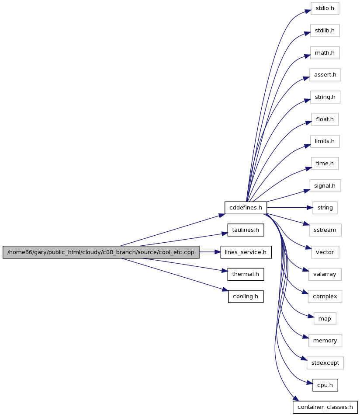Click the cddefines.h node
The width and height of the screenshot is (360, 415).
coord(246,208)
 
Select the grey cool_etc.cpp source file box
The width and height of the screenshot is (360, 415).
coord(101,252)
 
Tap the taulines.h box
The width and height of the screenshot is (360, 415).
coord(246,230)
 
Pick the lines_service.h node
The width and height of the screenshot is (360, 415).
coord(246,252)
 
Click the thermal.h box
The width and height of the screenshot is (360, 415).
coord(246,274)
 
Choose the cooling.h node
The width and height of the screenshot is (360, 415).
coord(246,296)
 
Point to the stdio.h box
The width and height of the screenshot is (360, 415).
coord(325,8)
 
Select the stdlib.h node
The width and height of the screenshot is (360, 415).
coord(325,31)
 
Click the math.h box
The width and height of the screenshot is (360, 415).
coord(325,53)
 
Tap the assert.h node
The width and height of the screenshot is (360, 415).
coord(325,75)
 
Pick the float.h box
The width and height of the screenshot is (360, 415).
coord(325,119)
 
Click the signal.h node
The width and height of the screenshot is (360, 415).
coord(325,186)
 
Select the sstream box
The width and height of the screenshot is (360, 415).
coord(325,230)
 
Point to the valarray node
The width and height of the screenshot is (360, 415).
coord(325,274)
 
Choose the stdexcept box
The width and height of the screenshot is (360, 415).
coord(325,363)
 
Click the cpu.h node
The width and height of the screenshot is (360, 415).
coord(325,385)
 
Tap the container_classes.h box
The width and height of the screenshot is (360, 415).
coord(325,407)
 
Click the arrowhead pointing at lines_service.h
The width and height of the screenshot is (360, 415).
coord(218,252)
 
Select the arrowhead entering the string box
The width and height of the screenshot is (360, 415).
coord(310,208)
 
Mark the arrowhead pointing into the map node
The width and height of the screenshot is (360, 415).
coord(311,316)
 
